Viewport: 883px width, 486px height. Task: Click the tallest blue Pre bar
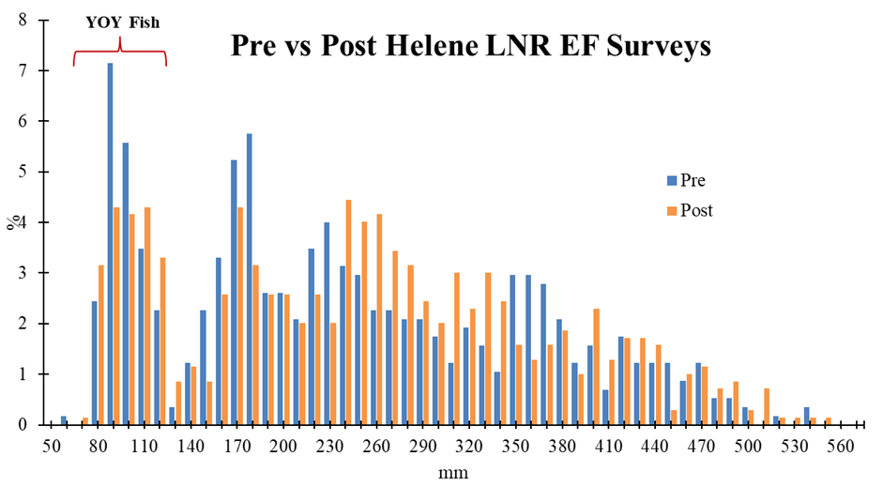(x=110, y=244)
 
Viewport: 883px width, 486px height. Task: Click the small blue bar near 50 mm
(x=64, y=420)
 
